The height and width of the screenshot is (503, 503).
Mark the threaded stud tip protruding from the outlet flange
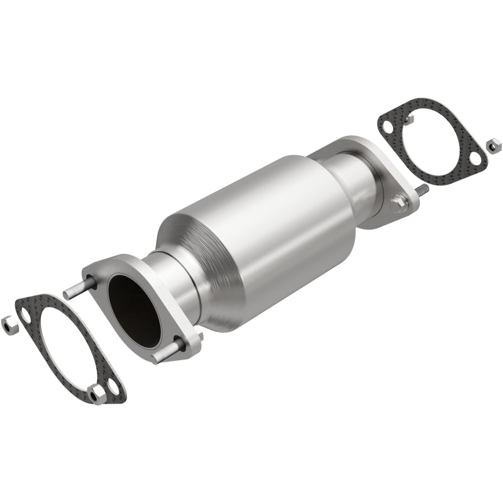click(x=423, y=189)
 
